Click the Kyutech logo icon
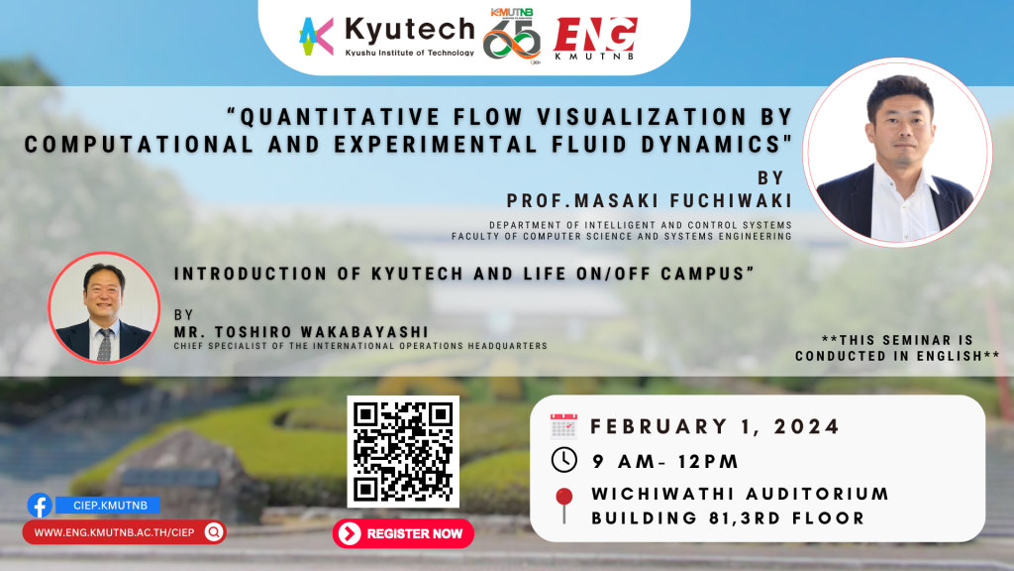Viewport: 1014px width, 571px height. [x=316, y=37]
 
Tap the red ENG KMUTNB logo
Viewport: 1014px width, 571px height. [x=595, y=39]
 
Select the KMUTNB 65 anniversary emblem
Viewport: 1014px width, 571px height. [x=512, y=37]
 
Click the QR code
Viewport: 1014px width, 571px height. [x=403, y=451]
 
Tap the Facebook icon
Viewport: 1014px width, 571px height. [x=40, y=505]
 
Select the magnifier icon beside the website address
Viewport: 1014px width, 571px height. [x=214, y=532]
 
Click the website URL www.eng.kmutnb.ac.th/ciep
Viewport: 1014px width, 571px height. [x=114, y=532]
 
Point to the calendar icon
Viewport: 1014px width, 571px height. [x=563, y=426]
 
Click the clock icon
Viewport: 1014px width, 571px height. [x=563, y=460]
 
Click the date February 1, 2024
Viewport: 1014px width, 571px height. [x=715, y=426]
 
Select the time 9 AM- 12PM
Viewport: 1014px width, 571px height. [x=665, y=462]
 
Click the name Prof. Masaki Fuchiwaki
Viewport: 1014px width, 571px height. [x=650, y=200]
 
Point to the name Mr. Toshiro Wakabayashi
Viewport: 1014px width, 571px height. [x=301, y=332]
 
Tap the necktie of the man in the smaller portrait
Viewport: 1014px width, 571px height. [x=104, y=344]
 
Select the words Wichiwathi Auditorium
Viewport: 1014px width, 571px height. [x=741, y=494]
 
